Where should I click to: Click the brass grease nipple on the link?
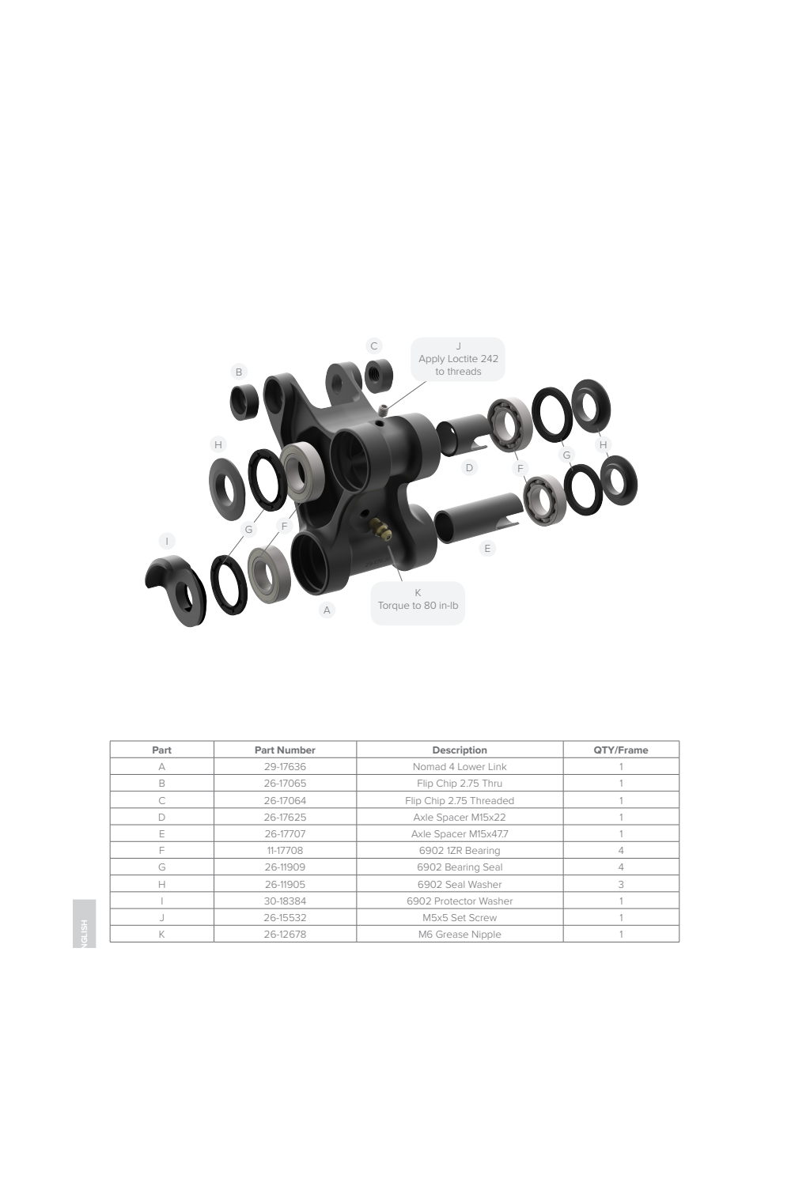[380, 529]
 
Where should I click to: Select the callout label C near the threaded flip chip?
[373, 346]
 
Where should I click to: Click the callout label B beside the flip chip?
[239, 372]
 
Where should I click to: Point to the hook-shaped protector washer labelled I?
[176, 589]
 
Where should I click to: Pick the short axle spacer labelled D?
[462, 434]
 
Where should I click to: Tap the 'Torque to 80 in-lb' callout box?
[418, 603]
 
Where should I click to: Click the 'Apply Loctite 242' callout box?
[458, 359]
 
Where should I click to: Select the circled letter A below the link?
[327, 610]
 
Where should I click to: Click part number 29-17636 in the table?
[285, 766]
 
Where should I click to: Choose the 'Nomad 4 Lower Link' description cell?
[460, 766]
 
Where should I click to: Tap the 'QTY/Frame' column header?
[620, 750]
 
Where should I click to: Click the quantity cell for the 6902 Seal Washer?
[621, 884]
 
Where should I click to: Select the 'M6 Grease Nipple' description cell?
[460, 934]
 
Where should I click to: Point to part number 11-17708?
[285, 850]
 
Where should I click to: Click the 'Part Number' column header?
[285, 750]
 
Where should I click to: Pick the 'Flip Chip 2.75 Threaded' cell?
[460, 800]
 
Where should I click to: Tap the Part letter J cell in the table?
[161, 917]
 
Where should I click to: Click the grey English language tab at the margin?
[84, 923]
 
